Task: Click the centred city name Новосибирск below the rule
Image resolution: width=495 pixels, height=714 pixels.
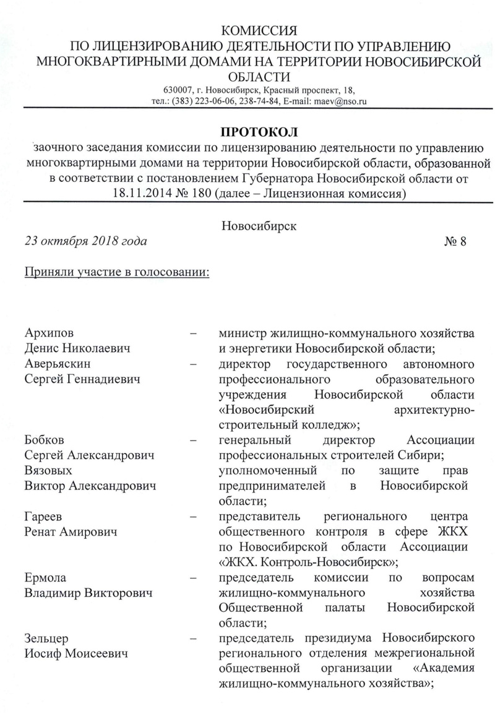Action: pos(259,225)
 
